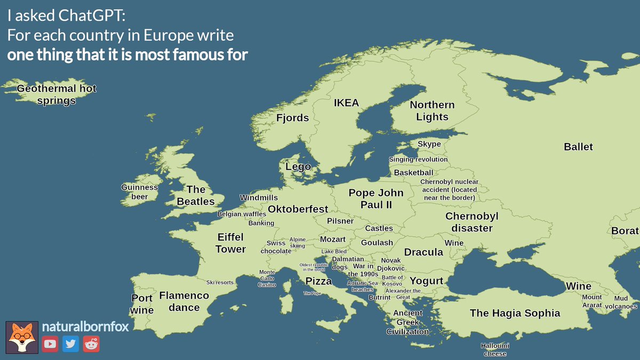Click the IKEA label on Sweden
pos(346,103)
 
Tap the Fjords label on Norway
pos(292,118)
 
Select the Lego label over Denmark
pos(298,167)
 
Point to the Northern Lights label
pos(432,111)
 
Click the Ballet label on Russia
pos(578,147)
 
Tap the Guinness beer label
pos(140,192)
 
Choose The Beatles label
pos(196,195)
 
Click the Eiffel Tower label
pos(231,243)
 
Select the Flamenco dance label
pos(184,301)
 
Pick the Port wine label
pos(142,304)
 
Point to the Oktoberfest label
pos(298,209)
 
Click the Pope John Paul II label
pos(376,199)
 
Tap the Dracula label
pos(423,252)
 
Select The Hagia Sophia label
pos(515,313)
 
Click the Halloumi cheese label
pos(495,349)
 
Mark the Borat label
pos(625,231)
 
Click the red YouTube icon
pos(50,344)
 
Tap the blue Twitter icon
pos(70,344)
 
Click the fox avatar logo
pos(22,337)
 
